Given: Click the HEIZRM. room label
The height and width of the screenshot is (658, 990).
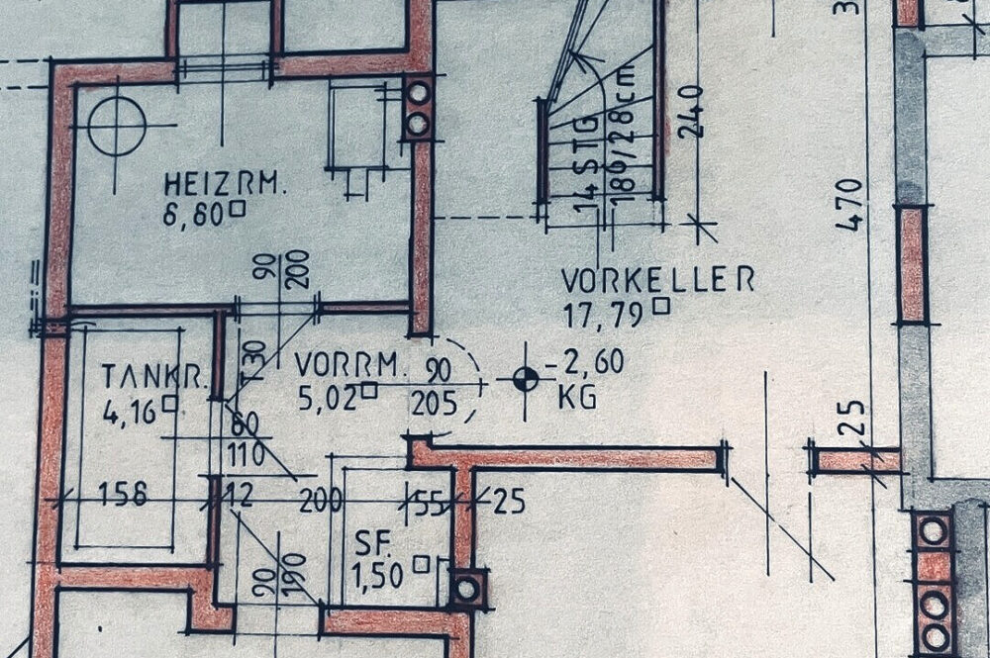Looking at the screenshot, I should pos(212,183).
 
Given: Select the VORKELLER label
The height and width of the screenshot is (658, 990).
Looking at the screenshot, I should pos(657,279).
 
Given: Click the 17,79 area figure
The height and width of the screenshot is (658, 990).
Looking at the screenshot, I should pos(605,314).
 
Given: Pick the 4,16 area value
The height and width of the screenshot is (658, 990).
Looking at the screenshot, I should pos(130,409).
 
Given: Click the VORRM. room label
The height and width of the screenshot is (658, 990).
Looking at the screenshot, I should pos(351,365).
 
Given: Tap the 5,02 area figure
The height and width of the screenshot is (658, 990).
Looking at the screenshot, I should pos(328,397).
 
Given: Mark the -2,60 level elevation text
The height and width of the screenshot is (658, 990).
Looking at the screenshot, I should pos(590,363).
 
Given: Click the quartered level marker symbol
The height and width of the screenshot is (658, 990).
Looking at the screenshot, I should pos(526,377).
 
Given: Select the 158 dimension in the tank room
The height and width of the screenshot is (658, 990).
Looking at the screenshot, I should pos(129,494).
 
